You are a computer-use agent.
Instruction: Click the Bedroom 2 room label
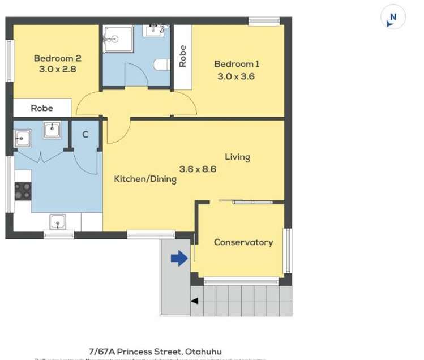click(x=57, y=58)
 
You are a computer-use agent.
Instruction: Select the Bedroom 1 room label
click(x=236, y=64)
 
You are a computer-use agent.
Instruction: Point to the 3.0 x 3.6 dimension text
click(x=236, y=76)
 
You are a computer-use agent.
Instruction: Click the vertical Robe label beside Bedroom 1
click(x=182, y=57)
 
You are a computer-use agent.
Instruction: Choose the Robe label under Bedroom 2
click(x=42, y=108)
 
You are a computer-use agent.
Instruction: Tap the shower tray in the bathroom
click(x=118, y=38)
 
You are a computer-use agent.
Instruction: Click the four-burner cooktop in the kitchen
click(x=23, y=191)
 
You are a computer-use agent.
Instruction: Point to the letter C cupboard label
click(x=85, y=135)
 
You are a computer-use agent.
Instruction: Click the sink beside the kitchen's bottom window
click(x=58, y=221)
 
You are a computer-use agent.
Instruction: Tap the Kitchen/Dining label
click(x=145, y=179)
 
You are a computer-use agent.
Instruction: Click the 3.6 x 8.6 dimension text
click(x=198, y=169)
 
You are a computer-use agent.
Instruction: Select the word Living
click(x=237, y=157)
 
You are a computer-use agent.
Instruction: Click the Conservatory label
click(x=243, y=242)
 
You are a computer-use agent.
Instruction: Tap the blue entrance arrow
click(x=179, y=259)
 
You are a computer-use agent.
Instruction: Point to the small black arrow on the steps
click(x=194, y=301)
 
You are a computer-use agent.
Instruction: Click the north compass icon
click(x=393, y=18)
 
